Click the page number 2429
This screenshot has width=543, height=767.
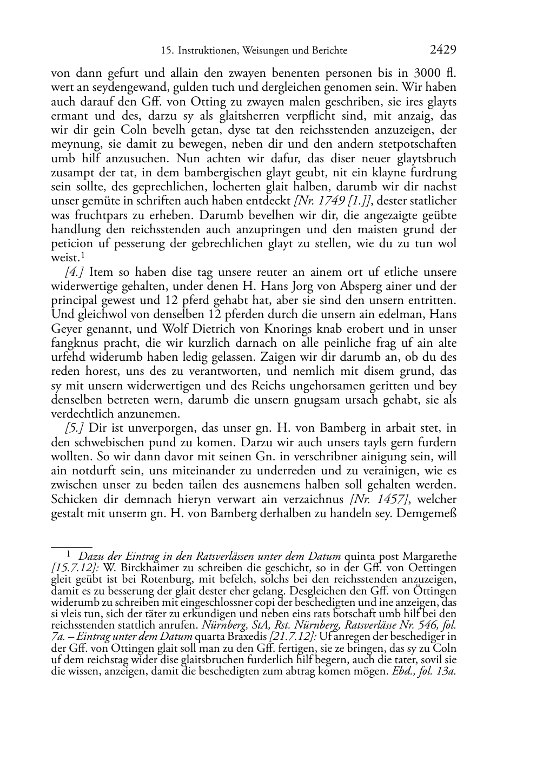pyautogui.click(x=443, y=50)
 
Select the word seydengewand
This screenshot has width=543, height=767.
pyautogui.click(x=115, y=88)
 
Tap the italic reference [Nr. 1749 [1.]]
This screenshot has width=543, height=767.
pyautogui.click(x=331, y=201)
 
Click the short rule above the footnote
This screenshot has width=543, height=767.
pyautogui.click(x=71, y=547)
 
